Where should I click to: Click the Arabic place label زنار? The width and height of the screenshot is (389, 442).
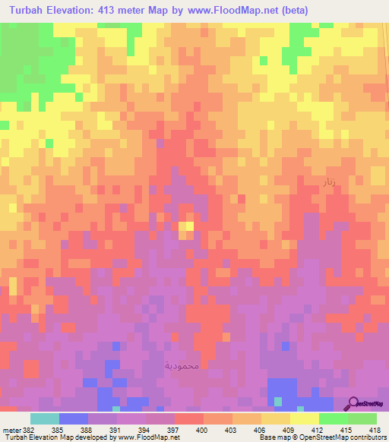point(329,183)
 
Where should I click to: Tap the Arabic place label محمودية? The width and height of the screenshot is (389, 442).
point(181,366)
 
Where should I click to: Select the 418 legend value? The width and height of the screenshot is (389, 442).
point(376,429)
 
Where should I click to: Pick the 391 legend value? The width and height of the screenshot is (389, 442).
point(115,429)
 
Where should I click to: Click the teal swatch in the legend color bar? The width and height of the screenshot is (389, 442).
point(45,418)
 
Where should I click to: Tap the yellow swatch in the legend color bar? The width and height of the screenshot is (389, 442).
point(304,418)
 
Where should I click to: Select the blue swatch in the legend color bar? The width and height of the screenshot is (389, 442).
point(74,418)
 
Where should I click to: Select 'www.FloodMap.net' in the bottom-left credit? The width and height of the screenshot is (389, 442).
point(154,437)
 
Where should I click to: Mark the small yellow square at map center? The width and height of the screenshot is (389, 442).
point(186,229)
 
